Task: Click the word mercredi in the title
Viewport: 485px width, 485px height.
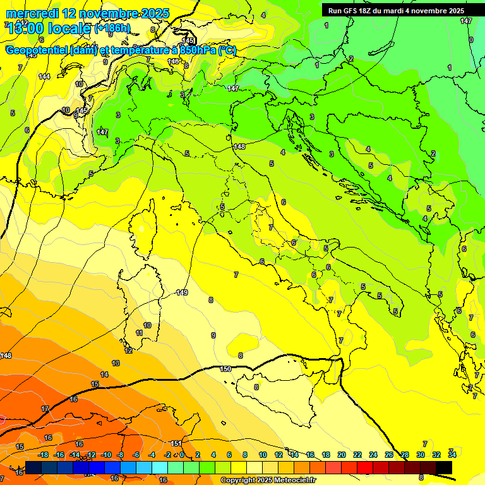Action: (x=32, y=13)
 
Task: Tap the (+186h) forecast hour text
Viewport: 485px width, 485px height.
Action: (x=112, y=28)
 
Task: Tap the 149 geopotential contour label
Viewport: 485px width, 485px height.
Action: (x=182, y=292)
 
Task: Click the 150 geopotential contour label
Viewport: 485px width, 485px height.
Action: (x=225, y=369)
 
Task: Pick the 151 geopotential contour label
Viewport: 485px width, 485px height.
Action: (x=176, y=443)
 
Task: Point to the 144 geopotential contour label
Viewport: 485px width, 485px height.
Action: (x=44, y=76)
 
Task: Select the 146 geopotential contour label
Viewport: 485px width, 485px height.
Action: (x=174, y=61)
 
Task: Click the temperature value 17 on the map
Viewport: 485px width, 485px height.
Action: (x=45, y=409)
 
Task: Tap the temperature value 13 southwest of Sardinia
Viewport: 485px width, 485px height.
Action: (x=116, y=363)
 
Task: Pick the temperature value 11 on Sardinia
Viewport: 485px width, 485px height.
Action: (x=139, y=333)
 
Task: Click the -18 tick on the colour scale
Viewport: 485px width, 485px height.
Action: (x=43, y=455)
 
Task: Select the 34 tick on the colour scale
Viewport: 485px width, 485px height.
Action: (x=452, y=455)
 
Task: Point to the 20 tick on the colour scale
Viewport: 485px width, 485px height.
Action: (x=342, y=455)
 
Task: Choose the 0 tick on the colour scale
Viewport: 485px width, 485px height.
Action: (x=182, y=455)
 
